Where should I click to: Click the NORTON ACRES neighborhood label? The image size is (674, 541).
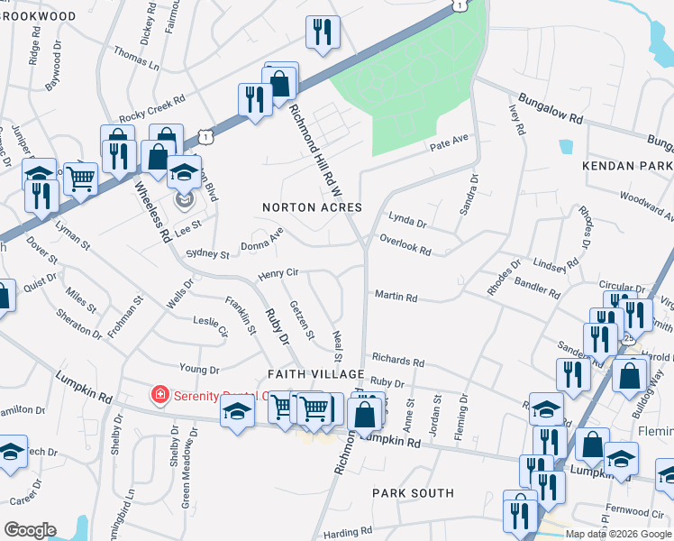pos(312,207)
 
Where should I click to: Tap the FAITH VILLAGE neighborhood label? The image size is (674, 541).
pos(315,373)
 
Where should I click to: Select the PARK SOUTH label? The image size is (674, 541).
pos(414,493)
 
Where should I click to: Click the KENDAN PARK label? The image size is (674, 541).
pos(628,168)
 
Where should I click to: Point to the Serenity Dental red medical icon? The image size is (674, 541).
pos(159,394)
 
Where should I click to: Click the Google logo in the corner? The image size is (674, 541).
pos(30,530)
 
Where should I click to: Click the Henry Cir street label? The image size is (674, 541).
pos(278,272)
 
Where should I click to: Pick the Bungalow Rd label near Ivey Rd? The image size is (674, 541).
pos(550,107)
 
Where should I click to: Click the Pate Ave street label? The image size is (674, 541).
pos(450,142)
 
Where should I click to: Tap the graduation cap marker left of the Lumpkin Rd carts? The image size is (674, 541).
pos(237,412)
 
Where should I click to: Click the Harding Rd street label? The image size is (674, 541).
pos(342,533)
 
